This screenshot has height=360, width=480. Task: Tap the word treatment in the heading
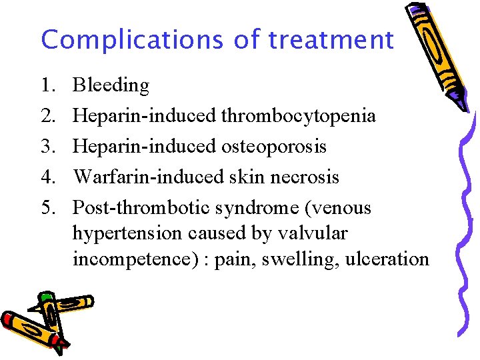(331, 40)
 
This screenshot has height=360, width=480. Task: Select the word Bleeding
(111, 85)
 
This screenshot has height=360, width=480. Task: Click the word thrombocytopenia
(298, 116)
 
